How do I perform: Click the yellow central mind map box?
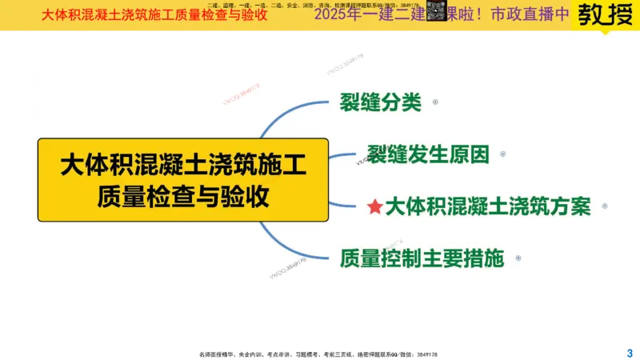(x=183, y=179)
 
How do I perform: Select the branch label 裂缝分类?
(x=380, y=103)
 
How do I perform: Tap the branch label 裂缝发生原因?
(x=428, y=154)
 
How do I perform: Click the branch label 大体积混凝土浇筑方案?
(x=488, y=206)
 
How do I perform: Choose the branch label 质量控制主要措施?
(x=422, y=258)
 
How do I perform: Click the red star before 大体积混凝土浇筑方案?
(x=374, y=207)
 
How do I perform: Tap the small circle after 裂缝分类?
(x=434, y=102)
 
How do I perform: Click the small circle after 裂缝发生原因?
(x=503, y=154)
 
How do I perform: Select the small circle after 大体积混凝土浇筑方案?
(x=605, y=206)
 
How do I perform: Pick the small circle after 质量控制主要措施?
(x=518, y=258)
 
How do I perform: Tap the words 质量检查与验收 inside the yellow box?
(x=183, y=196)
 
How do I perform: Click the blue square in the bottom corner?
(x=628, y=351)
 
